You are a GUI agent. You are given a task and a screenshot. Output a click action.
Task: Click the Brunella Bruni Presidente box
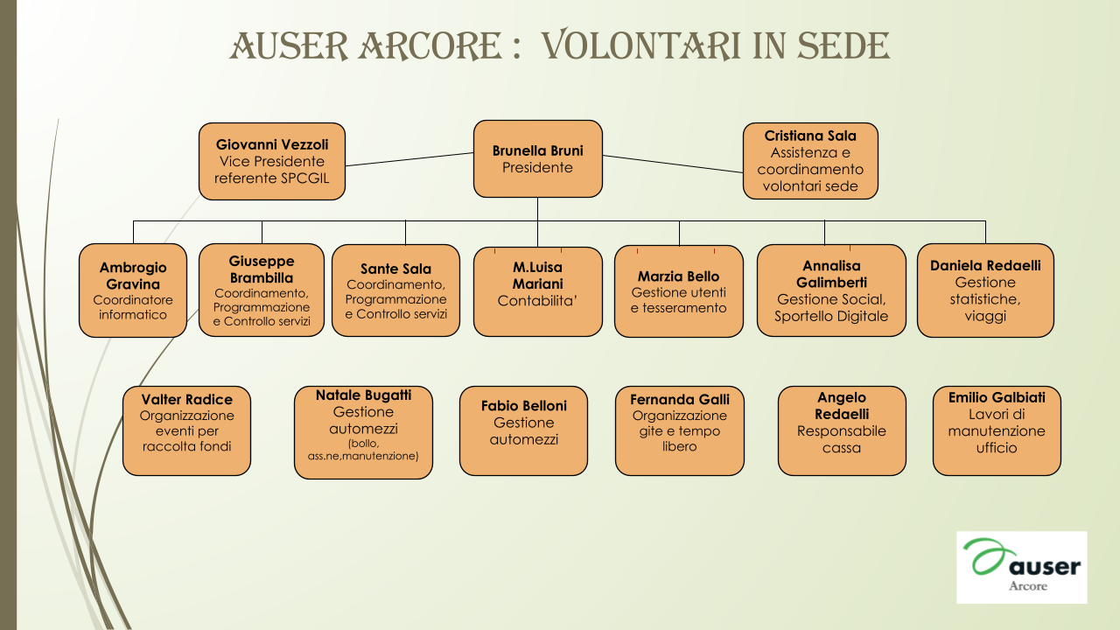click(537, 158)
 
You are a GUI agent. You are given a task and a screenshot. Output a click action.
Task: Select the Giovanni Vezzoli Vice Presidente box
click(272, 162)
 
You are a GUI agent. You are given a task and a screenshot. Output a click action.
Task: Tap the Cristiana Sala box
click(810, 161)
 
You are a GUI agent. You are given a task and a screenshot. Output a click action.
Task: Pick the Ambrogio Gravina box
click(133, 290)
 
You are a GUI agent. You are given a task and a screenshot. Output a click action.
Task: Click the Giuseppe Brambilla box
click(262, 290)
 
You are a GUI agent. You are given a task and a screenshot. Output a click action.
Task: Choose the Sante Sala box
click(396, 290)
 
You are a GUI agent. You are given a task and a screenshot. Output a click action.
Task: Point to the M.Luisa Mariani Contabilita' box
click(538, 291)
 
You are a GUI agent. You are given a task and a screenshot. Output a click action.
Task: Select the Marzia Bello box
click(679, 291)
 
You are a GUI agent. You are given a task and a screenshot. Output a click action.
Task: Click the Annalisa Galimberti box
click(831, 290)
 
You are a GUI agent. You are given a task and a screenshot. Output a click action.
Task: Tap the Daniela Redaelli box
click(985, 290)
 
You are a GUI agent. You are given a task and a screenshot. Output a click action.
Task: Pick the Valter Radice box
click(186, 430)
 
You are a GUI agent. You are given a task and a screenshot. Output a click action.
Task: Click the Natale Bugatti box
click(363, 432)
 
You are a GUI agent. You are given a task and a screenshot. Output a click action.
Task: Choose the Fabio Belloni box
click(523, 430)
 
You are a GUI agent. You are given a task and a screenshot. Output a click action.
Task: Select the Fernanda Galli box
click(680, 430)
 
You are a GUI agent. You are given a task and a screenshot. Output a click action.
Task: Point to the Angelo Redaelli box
click(842, 430)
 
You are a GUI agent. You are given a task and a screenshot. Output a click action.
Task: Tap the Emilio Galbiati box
click(997, 430)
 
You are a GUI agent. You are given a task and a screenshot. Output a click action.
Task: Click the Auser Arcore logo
click(1022, 568)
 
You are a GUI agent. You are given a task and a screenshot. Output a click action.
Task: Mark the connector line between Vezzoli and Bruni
click(409, 159)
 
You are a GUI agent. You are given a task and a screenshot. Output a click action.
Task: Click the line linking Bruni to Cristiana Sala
click(673, 164)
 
